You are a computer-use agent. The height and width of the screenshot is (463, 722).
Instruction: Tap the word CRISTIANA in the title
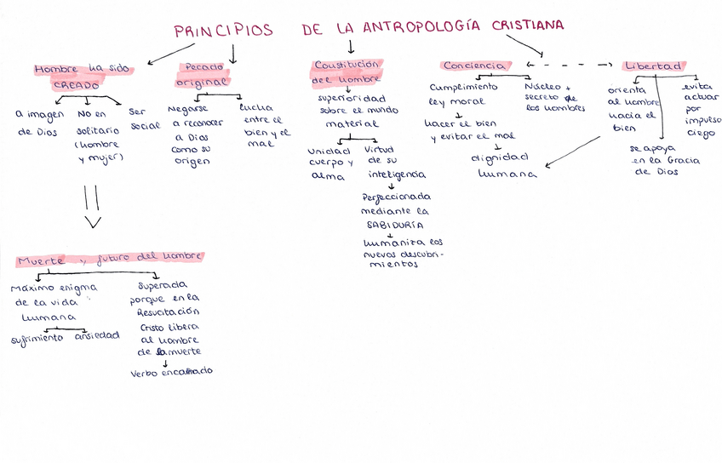(527, 26)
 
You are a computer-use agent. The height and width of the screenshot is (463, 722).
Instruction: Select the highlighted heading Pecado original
(203, 75)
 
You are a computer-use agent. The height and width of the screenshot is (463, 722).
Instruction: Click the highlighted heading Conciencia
(476, 66)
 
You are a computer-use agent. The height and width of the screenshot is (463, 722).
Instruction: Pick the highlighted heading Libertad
(653, 66)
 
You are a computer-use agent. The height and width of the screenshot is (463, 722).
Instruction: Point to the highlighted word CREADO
(77, 85)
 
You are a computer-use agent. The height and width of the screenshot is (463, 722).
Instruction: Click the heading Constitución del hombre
(347, 71)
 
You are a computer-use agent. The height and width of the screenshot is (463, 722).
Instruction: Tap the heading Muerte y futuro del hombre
(111, 257)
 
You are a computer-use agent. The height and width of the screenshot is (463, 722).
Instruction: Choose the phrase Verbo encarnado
(171, 372)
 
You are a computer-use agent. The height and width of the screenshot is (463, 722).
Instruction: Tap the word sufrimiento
(37, 337)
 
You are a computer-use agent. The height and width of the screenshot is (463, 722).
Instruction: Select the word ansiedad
(96, 335)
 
